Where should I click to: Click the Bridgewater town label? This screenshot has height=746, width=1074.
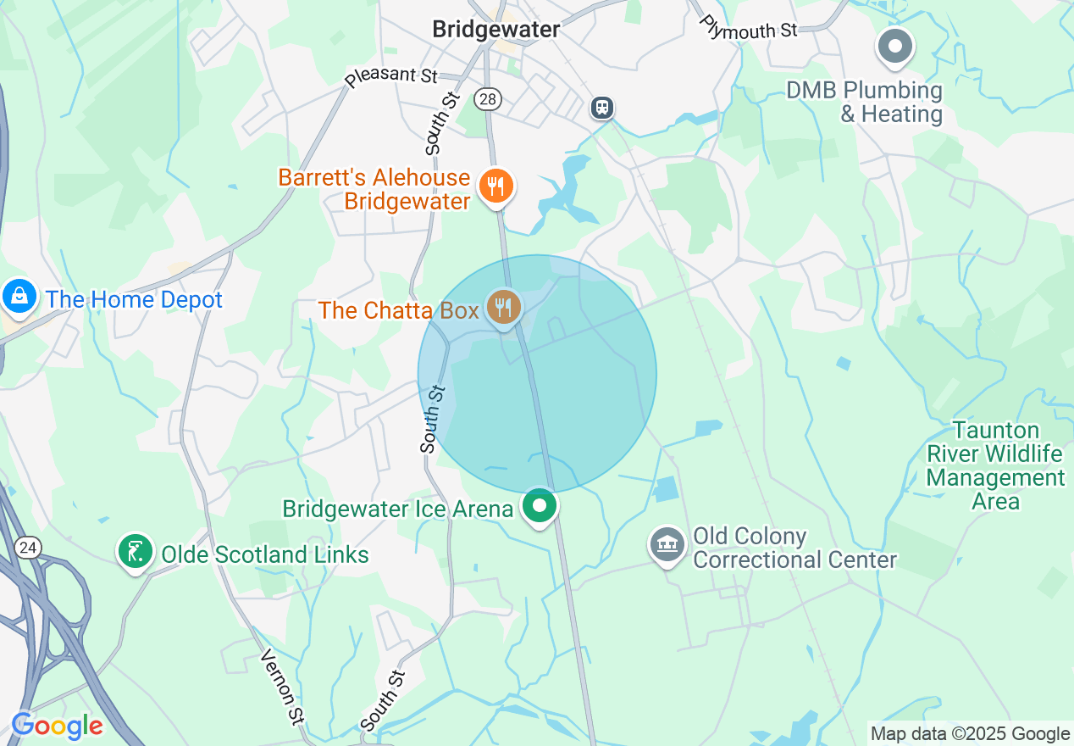point(495,29)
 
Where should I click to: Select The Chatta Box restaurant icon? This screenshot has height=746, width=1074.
point(504,306)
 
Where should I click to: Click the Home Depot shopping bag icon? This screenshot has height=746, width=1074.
point(18,297)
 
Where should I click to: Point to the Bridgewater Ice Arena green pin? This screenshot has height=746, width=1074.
point(540,506)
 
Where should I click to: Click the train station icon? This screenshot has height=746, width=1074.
point(602,108)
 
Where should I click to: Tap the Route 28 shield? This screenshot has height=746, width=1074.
point(488,100)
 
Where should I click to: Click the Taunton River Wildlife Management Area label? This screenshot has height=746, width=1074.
point(995,465)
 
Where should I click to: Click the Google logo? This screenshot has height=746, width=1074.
point(58,726)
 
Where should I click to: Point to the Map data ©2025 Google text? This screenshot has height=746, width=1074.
point(971,734)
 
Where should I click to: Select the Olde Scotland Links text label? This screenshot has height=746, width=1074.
point(265,555)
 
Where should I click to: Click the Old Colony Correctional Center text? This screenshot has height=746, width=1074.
point(794,548)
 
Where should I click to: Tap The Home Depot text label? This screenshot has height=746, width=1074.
point(134,299)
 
